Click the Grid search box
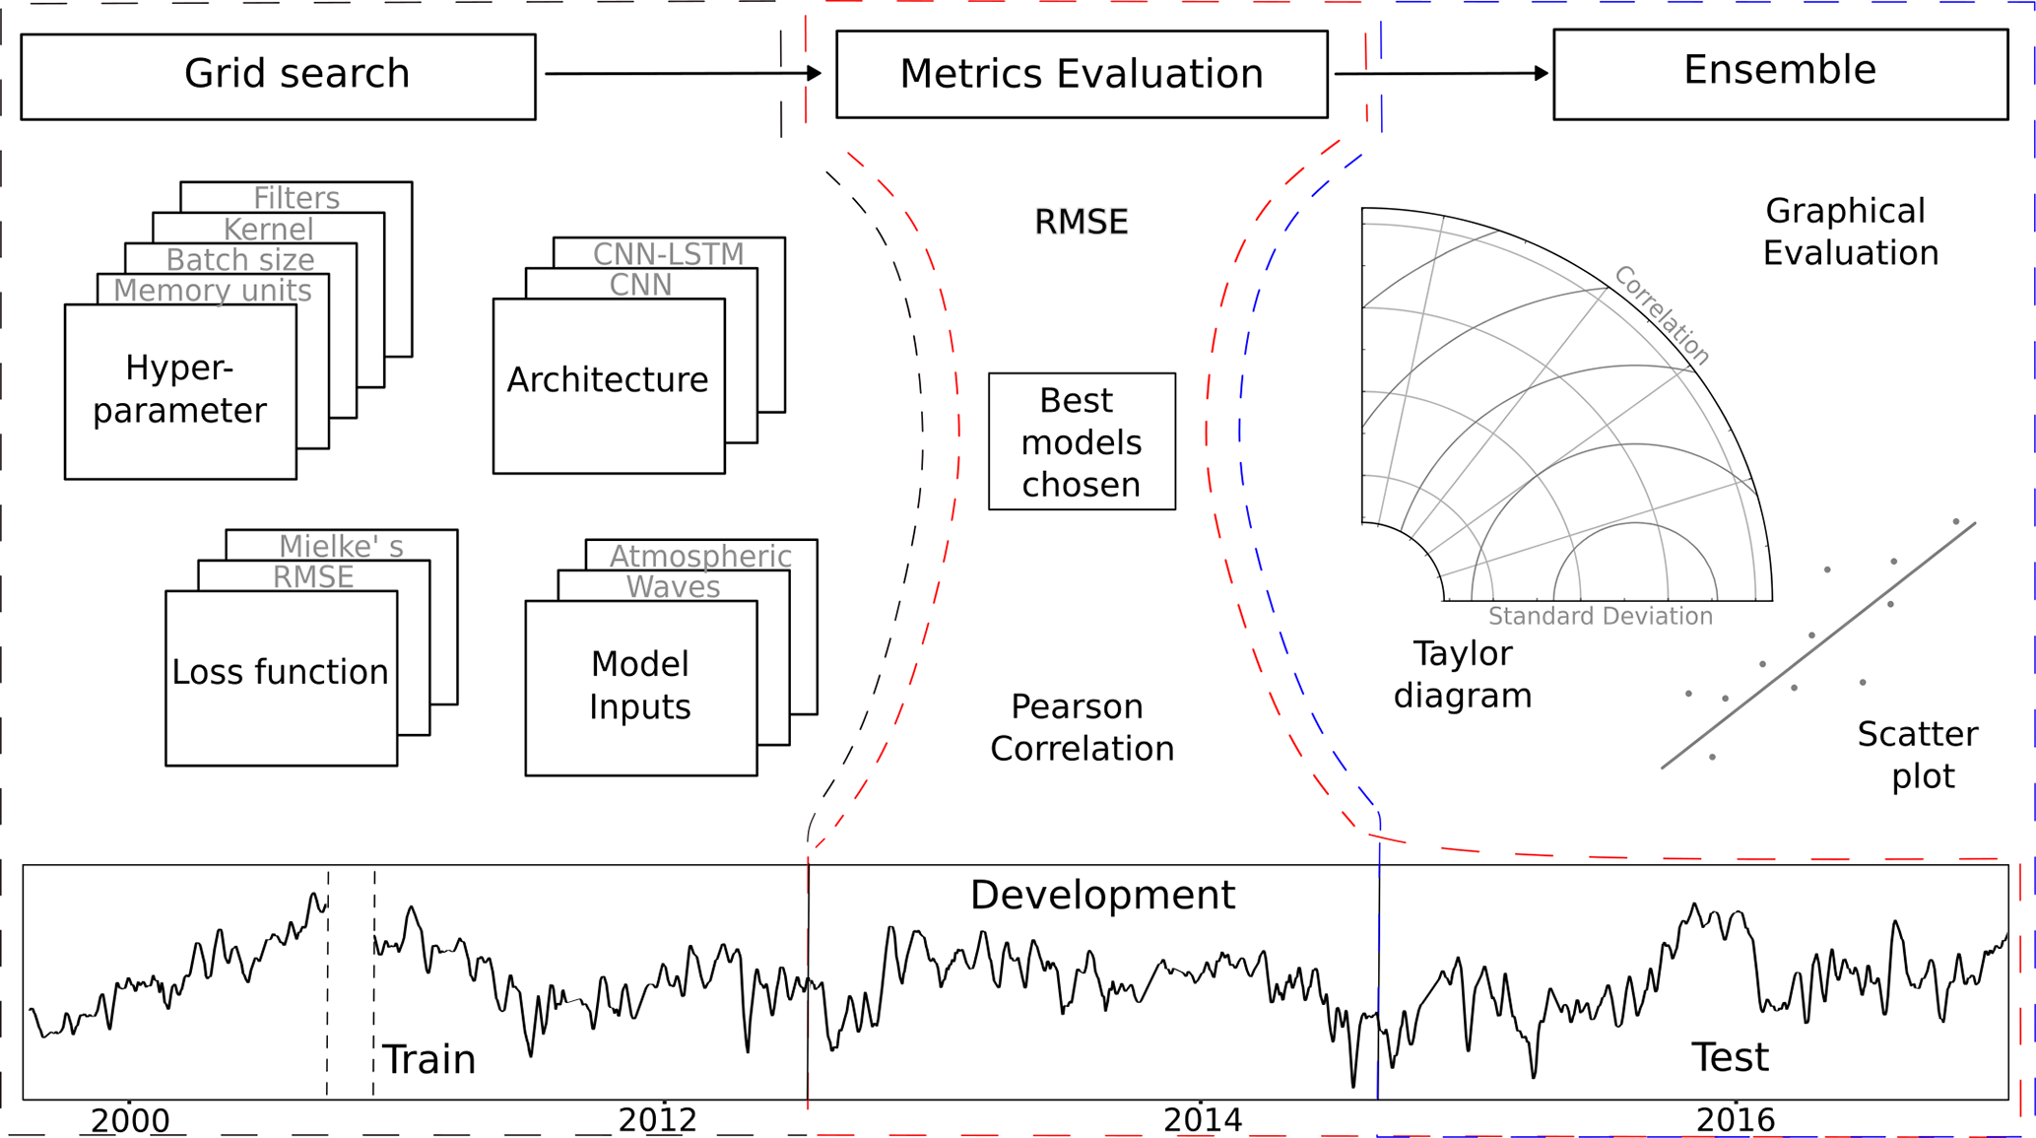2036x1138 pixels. [278, 76]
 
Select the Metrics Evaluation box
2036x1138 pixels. [1081, 74]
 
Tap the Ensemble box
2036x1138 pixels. [1779, 73]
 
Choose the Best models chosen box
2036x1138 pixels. [1081, 441]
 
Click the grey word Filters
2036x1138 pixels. [296, 198]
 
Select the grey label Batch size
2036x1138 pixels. [240, 260]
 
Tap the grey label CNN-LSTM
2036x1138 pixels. [668, 254]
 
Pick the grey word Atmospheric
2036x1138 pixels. [699, 557]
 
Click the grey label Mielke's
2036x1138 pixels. [341, 547]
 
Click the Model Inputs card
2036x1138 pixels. [640, 687]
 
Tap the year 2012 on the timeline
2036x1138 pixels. [657, 1120]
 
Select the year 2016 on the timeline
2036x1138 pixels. [1735, 1120]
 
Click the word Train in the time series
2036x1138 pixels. [428, 1060]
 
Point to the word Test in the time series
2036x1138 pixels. [1730, 1057]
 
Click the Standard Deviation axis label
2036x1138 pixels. [1600, 617]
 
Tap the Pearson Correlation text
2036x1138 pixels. [1081, 728]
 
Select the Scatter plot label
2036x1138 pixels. [1917, 755]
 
